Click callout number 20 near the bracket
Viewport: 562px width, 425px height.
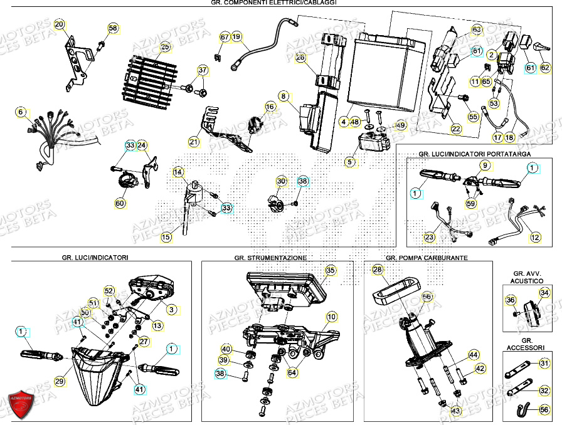60,25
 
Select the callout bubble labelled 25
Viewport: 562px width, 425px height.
165,46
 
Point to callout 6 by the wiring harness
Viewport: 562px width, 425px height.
21,112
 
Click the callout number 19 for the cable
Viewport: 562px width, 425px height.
236,37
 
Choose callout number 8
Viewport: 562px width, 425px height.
284,97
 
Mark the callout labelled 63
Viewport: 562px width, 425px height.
476,29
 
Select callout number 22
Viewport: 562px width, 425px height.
456,129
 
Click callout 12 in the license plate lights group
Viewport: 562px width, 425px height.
534,238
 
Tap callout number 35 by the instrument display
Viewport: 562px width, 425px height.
331,270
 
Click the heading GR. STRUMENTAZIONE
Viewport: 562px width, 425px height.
271,258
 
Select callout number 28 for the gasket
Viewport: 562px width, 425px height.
377,270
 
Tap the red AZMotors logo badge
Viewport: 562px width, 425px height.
22,403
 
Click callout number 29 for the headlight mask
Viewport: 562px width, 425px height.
60,381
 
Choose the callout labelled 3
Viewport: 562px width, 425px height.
172,309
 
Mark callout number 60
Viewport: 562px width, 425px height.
120,203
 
